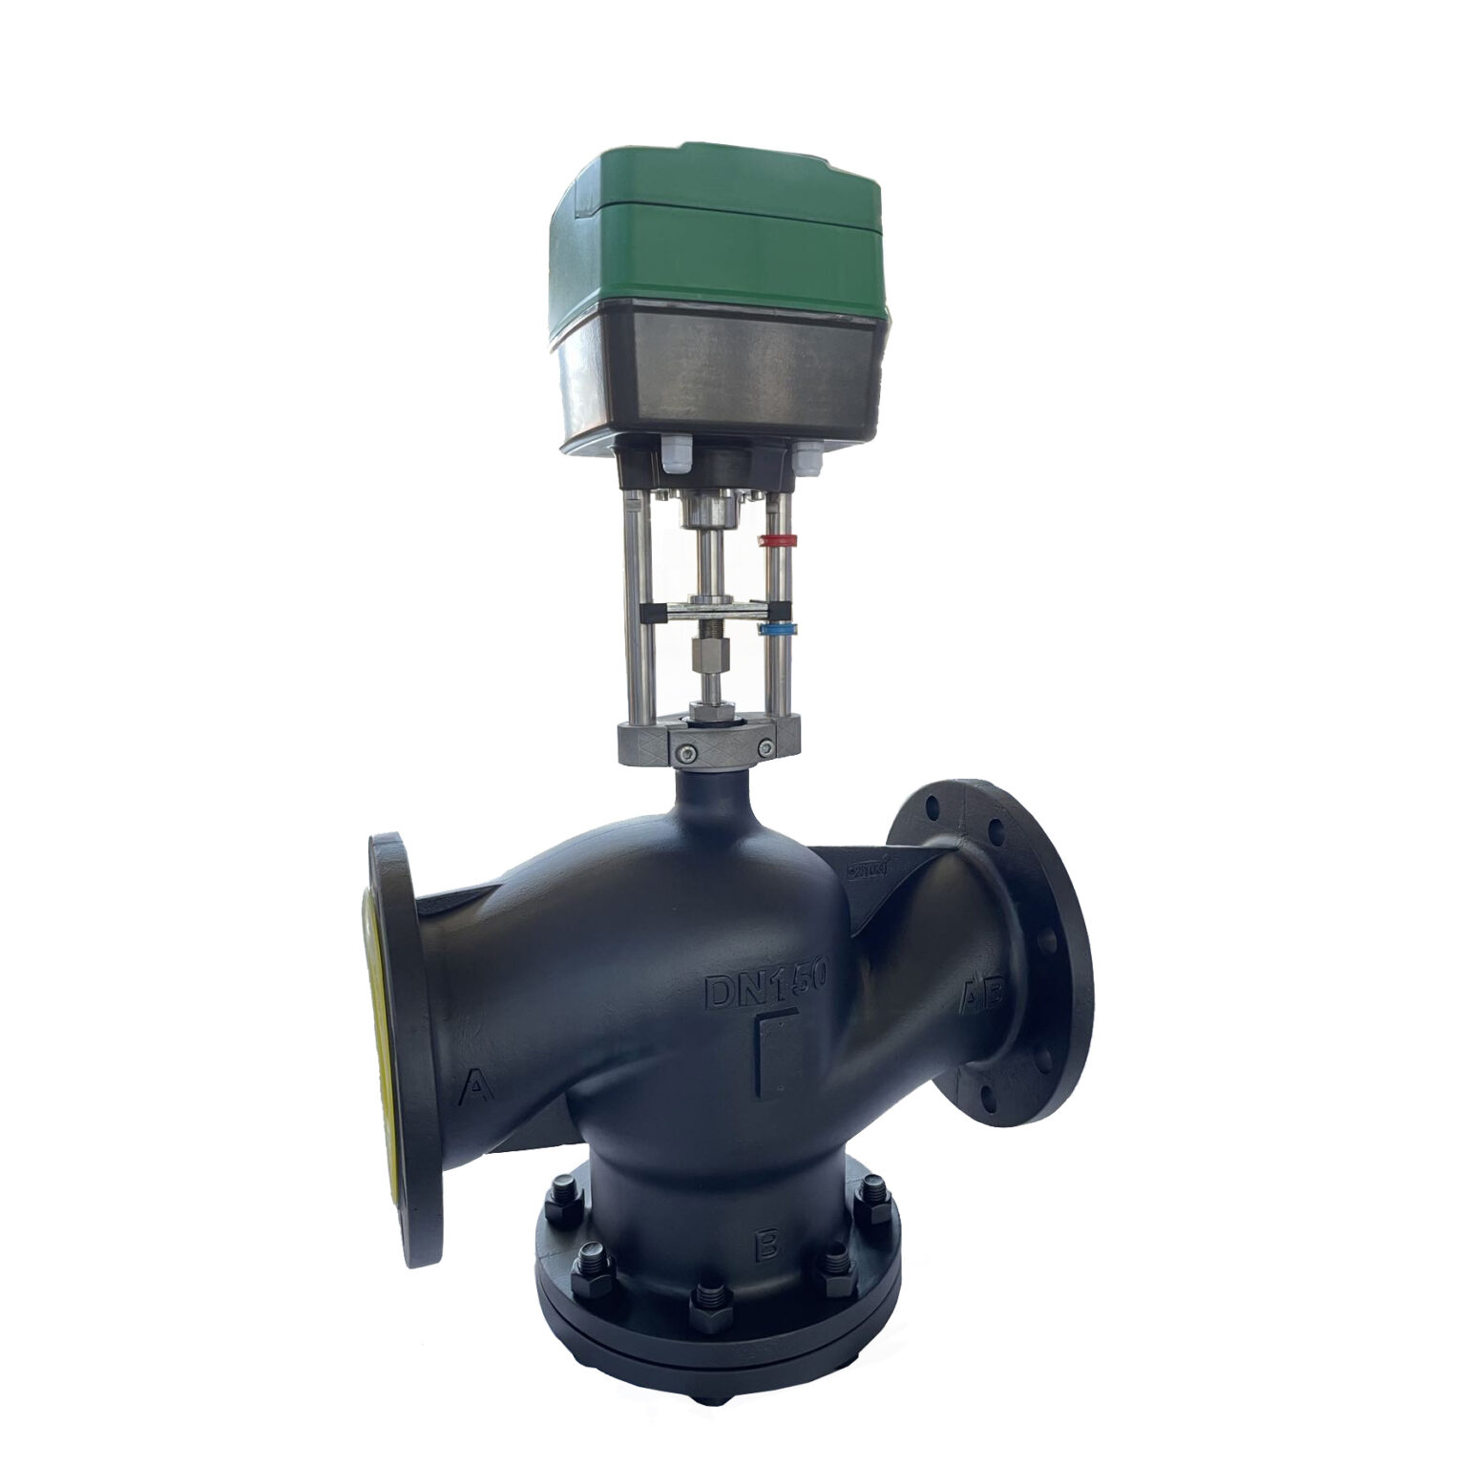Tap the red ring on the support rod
tap(777, 541)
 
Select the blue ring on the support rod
tap(778, 630)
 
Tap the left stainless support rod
tap(638, 611)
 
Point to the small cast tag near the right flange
tap(868, 869)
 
